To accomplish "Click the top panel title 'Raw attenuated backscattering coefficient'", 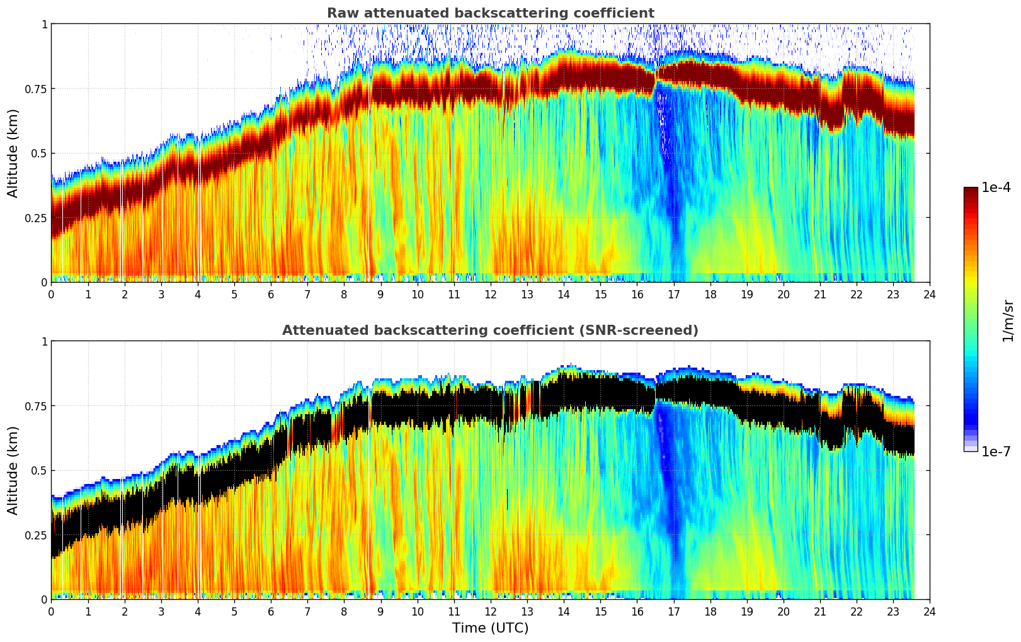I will point(490,13).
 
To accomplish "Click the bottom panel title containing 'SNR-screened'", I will point(490,330).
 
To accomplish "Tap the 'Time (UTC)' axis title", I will point(490,628).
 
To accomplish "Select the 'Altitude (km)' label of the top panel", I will point(13,153).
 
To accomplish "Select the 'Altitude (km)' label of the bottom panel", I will point(13,470).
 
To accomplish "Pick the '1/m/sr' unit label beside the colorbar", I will point(1008,321).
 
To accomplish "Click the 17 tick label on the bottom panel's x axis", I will point(673,612).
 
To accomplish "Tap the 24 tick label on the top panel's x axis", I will point(930,295).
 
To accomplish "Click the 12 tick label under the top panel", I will point(490,295).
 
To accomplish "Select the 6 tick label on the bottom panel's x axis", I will point(271,612).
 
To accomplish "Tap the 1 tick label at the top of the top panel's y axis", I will point(44,24).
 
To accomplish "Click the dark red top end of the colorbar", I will point(970,190).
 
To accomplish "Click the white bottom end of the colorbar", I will point(970,449).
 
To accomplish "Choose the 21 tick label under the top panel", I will point(819,295).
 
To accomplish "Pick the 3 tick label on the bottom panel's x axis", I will point(161,612).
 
